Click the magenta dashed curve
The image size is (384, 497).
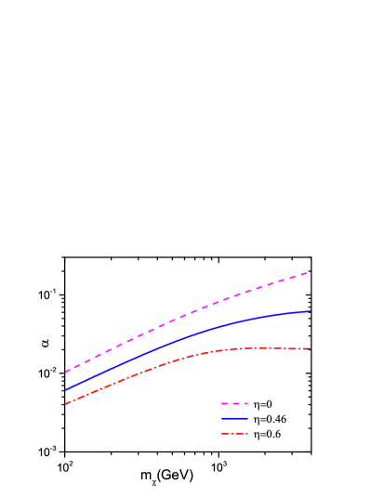pos(186,315)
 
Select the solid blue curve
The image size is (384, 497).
pos(186,342)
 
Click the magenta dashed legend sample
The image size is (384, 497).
pos(234,404)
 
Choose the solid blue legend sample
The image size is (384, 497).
pos(234,419)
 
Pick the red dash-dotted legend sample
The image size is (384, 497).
pos(234,434)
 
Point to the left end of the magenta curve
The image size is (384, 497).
pos(65,373)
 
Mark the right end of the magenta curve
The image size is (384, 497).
pos(309,272)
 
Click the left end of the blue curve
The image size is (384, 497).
pos(65,390)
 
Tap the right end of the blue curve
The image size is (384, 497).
pos(310,311)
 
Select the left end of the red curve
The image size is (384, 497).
pos(65,404)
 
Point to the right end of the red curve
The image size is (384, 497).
pos(310,348)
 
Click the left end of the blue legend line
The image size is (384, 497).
pos(221,419)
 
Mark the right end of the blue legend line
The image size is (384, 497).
pos(248,419)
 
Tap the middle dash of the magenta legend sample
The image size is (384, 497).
pos(234,404)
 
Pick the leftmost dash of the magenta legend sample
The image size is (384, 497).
pos(224,404)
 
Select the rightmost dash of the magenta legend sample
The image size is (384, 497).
pos(245,404)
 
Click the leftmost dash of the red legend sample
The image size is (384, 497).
pos(224,434)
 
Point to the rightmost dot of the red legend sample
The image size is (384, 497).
pos(245,434)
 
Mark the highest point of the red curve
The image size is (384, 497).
pos(270,347)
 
